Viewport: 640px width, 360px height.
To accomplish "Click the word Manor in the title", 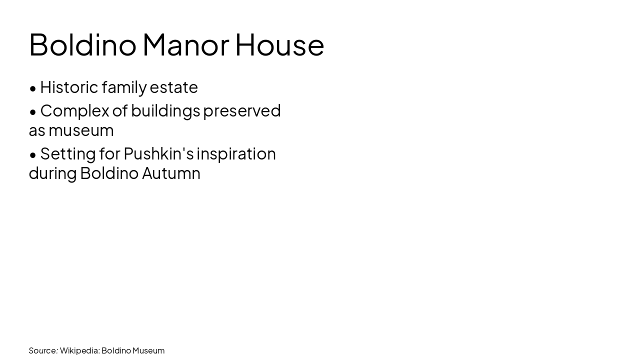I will [x=185, y=45].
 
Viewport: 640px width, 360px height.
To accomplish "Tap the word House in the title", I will [x=279, y=45].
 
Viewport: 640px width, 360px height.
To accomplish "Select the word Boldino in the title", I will [x=82, y=45].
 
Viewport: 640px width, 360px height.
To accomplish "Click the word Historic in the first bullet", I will [x=69, y=87].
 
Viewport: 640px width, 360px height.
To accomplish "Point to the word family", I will [x=124, y=87].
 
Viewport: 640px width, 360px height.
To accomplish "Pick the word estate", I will [x=173, y=87].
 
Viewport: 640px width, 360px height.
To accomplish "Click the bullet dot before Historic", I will [x=33, y=88].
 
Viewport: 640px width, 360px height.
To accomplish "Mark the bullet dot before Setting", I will [x=33, y=155].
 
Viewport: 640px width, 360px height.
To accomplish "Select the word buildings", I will [x=165, y=111].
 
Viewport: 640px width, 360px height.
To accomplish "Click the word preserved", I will [x=242, y=110].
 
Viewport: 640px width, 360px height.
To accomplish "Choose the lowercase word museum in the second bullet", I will [x=81, y=130].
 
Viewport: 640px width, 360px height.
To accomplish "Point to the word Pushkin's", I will [x=158, y=153].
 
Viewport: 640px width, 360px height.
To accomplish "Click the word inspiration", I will [x=236, y=154].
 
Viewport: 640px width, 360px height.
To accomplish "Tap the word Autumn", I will [x=171, y=173].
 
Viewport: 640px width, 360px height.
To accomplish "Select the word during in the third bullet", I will [x=52, y=173].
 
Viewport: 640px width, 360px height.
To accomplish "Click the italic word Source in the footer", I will [x=43, y=350].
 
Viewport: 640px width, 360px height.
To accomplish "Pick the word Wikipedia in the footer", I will [x=79, y=350].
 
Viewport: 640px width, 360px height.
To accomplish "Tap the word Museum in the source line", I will [x=148, y=350].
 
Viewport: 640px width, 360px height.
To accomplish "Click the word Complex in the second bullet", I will [x=74, y=111].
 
